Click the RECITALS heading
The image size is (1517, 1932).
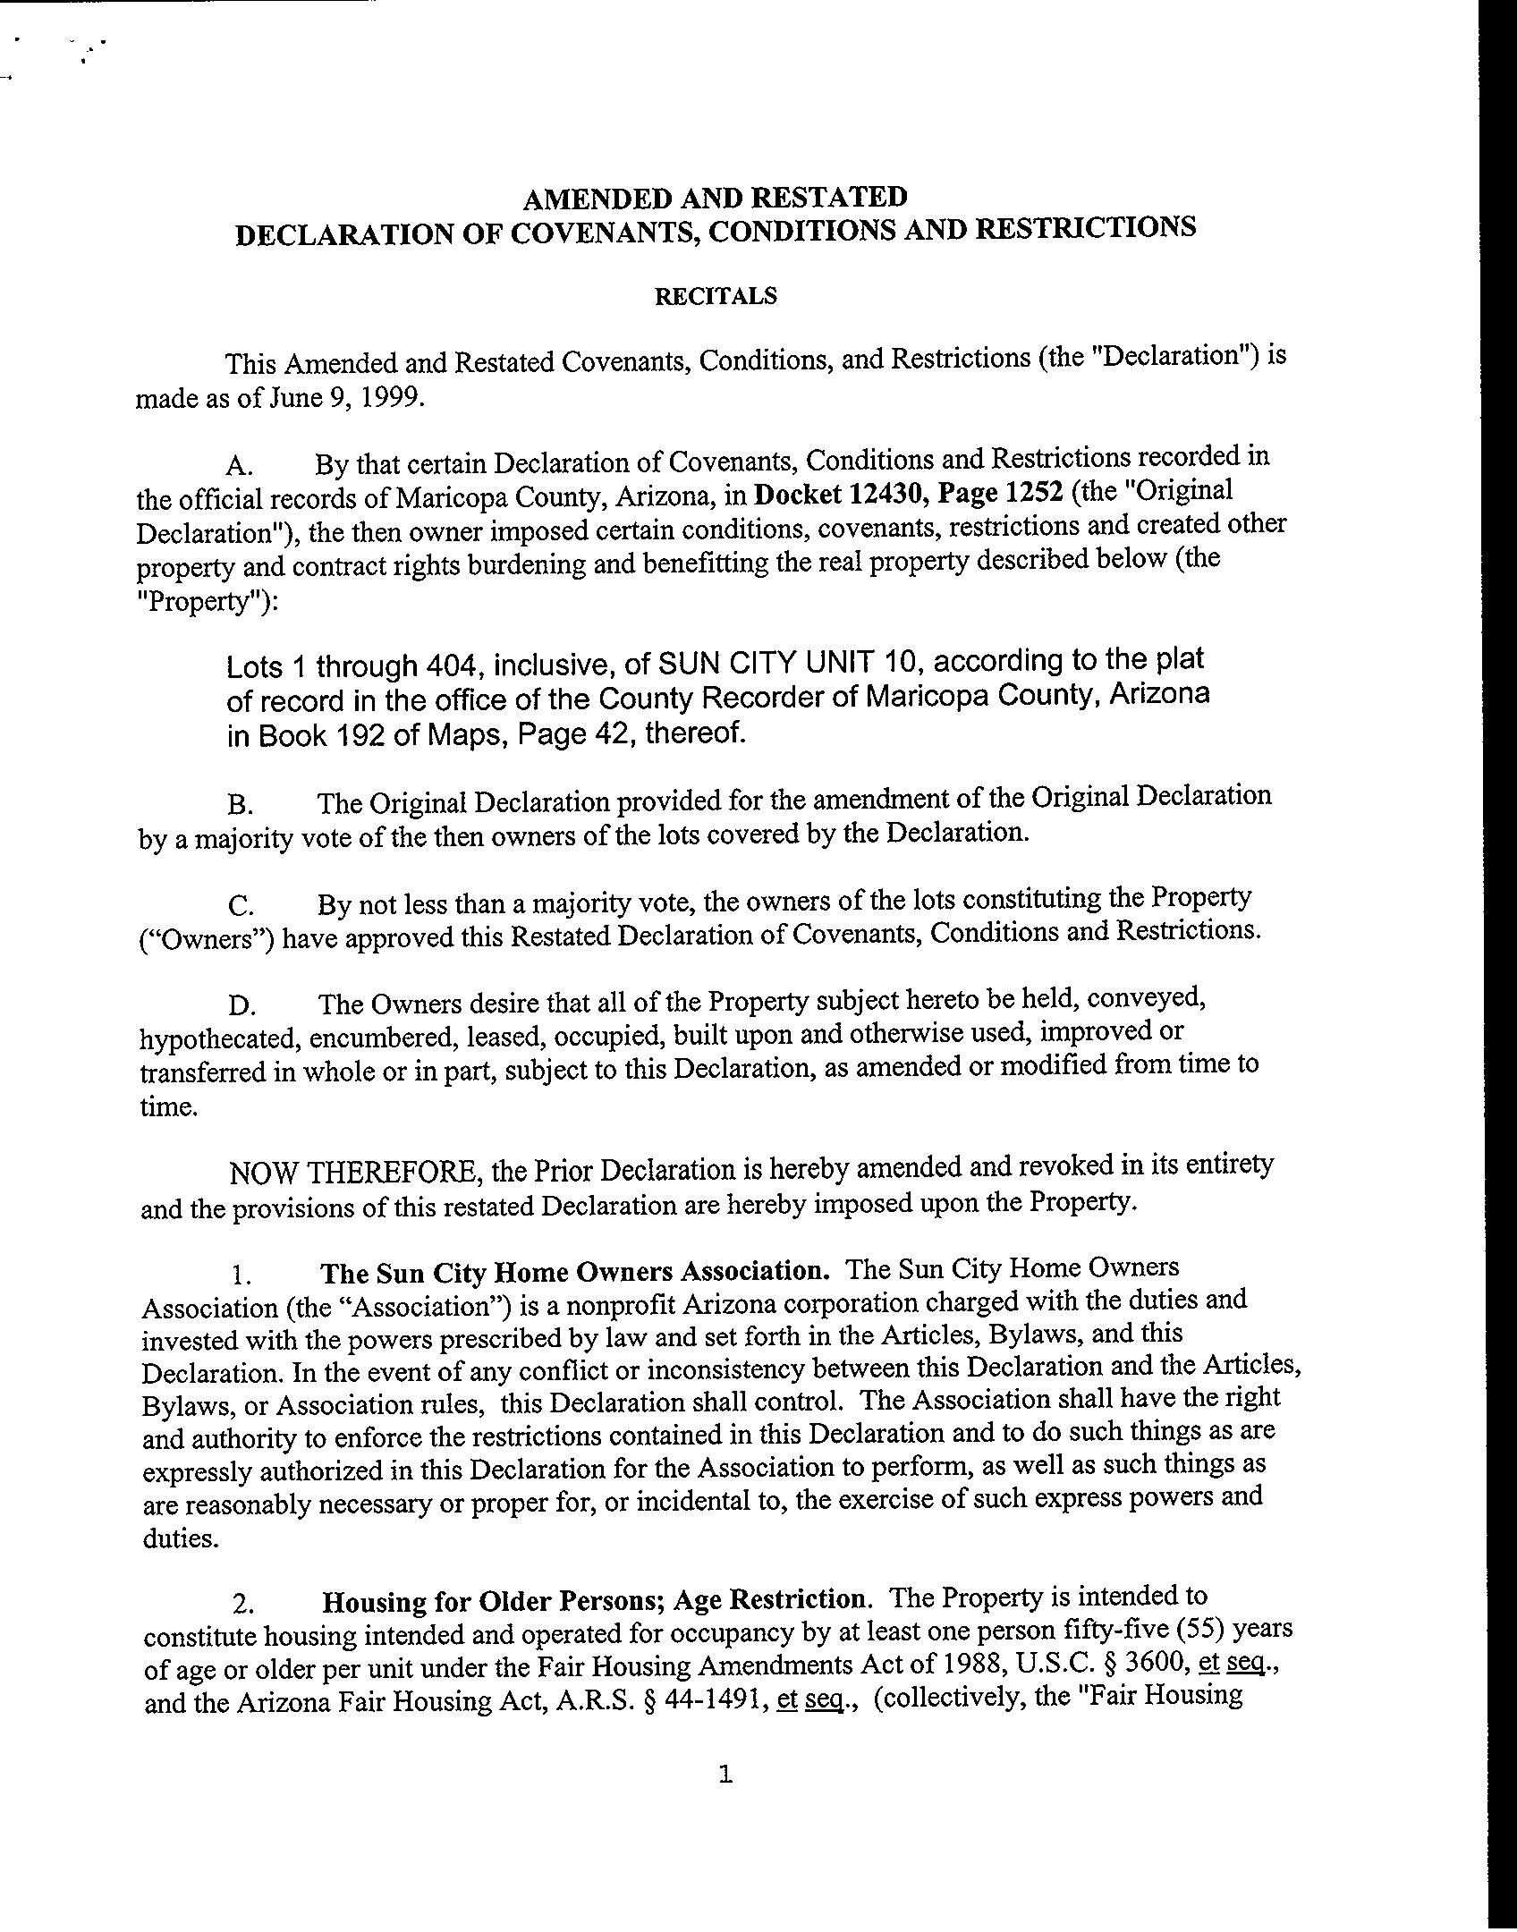click(x=716, y=296)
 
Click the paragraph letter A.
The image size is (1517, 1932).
click(x=241, y=465)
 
